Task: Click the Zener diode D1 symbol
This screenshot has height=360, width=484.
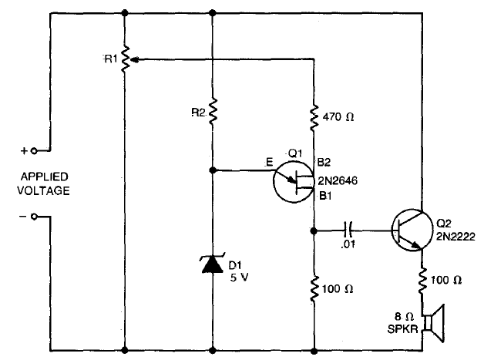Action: pyautogui.click(x=213, y=264)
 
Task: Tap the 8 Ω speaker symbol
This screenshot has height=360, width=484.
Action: pyautogui.click(x=434, y=323)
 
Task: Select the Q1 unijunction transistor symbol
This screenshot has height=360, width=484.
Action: pyautogui.click(x=294, y=183)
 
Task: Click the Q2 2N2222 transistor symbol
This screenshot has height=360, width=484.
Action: pyautogui.click(x=412, y=230)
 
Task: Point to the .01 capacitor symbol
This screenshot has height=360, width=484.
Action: pyautogui.click(x=348, y=230)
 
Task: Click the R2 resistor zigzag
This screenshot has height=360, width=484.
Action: pyautogui.click(x=213, y=112)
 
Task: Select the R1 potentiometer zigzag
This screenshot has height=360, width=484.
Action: pyautogui.click(x=125, y=59)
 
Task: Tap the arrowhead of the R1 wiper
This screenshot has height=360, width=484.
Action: pyautogui.click(x=133, y=59)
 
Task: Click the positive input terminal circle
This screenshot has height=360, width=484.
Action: pyautogui.click(x=34, y=151)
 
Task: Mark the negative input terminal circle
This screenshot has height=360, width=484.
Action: pyautogui.click(x=34, y=217)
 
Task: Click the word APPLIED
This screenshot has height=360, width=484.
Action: pyautogui.click(x=45, y=177)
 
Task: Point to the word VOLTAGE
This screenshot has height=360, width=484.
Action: pyautogui.click(x=43, y=191)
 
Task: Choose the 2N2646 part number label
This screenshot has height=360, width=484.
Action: pyautogui.click(x=338, y=180)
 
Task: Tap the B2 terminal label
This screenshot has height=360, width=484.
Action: pyautogui.click(x=324, y=162)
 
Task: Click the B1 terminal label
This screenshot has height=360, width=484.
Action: pyautogui.click(x=325, y=196)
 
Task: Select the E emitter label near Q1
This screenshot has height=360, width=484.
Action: pyautogui.click(x=270, y=162)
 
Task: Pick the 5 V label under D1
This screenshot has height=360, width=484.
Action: pyautogui.click(x=239, y=278)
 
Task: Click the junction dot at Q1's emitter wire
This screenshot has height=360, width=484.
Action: pyautogui.click(x=213, y=170)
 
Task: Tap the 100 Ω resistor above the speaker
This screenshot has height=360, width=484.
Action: pyautogui.click(x=422, y=281)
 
